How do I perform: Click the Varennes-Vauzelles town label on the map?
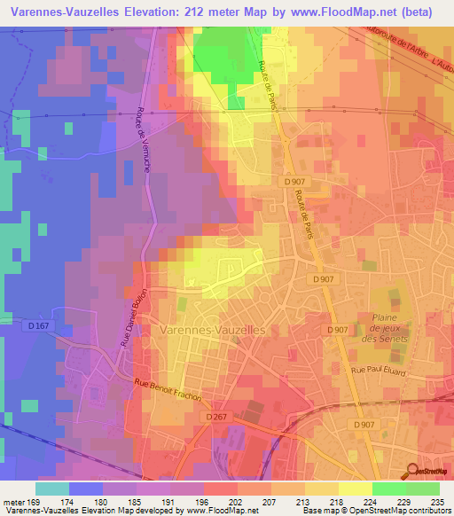tap(215, 329)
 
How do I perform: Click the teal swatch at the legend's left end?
tap(52, 489)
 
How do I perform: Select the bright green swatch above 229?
tap(388, 489)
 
